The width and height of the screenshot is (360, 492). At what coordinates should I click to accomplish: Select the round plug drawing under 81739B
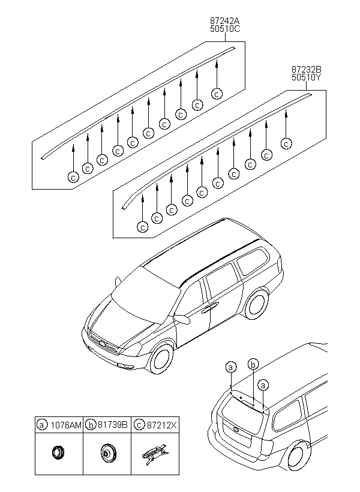click(108, 452)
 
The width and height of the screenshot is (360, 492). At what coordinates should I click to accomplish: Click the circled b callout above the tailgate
click(253, 364)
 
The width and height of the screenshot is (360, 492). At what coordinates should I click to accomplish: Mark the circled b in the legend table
click(91, 424)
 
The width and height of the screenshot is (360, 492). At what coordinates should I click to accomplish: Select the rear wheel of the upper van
click(257, 302)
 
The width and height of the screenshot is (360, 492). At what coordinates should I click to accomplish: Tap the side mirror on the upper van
click(183, 319)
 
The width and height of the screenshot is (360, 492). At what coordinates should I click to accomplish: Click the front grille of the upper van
click(102, 347)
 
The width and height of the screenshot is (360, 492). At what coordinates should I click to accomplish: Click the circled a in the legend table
click(42, 424)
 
